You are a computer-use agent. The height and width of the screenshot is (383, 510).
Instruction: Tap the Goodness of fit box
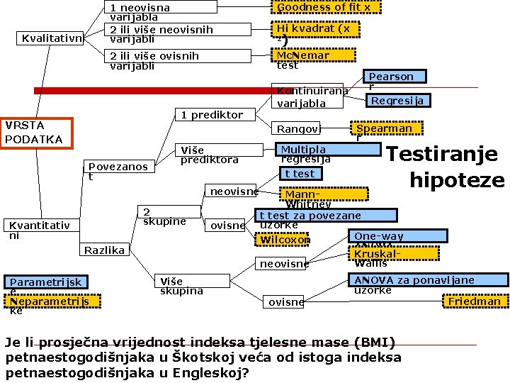coord(323,7)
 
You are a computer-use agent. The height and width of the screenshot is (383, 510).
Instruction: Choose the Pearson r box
coord(390,77)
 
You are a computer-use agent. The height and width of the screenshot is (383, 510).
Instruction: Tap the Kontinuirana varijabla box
coord(310,96)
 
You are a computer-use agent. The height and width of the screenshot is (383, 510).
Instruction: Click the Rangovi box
coord(297,129)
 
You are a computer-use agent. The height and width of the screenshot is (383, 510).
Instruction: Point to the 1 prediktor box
coord(210,114)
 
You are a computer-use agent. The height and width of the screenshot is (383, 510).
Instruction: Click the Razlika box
coord(104,250)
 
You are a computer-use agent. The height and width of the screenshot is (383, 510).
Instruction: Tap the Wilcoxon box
coord(285,240)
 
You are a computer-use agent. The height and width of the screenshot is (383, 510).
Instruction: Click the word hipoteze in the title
coord(456,180)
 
